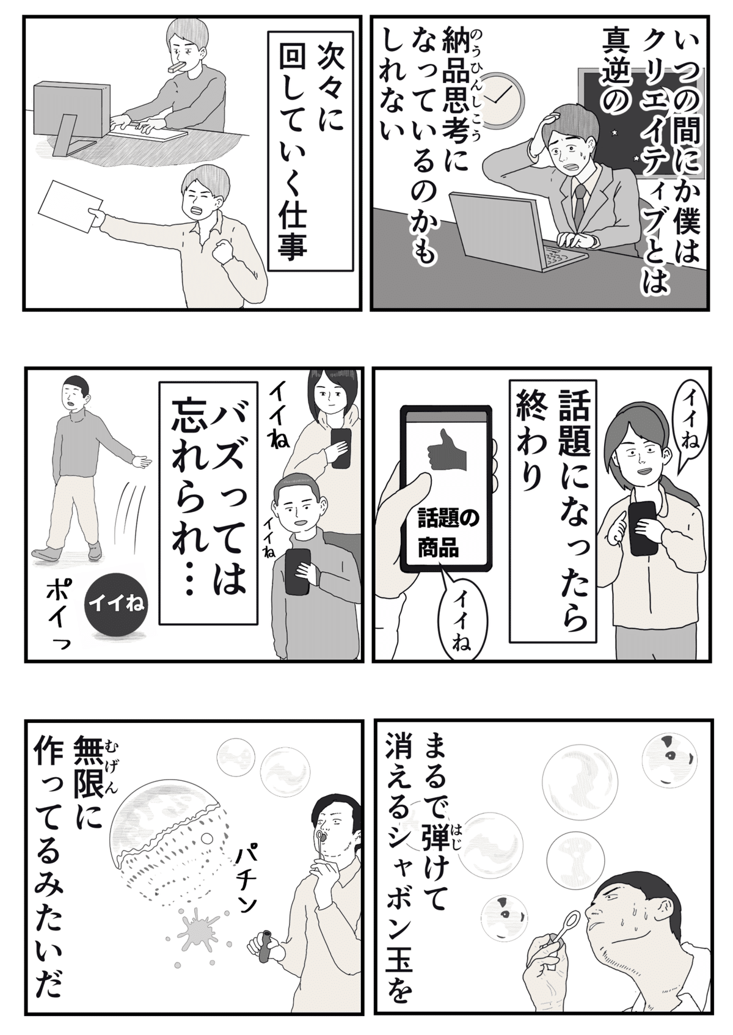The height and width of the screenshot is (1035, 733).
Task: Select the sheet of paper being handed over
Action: coord(71,206)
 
